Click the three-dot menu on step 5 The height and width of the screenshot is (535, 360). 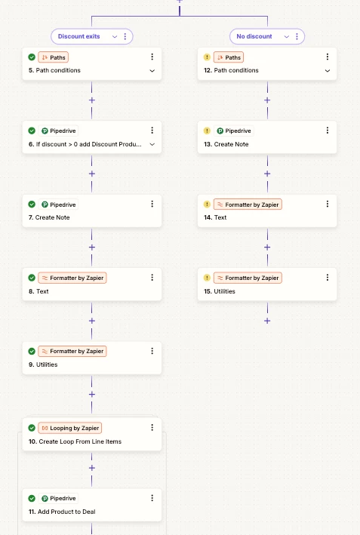point(152,57)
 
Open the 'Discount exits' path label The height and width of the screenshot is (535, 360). point(78,36)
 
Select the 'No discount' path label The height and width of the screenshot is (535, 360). point(254,36)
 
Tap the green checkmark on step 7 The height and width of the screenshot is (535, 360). point(32,204)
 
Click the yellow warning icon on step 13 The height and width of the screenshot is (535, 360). point(207,131)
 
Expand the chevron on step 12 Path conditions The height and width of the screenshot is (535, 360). point(328,71)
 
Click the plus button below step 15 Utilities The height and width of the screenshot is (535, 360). point(267,321)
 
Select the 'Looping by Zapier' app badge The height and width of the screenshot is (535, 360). point(70,428)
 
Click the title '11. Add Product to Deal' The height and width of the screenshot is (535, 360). point(62,512)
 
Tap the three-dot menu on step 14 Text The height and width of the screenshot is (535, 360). point(328,204)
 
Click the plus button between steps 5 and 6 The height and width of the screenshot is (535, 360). point(92,100)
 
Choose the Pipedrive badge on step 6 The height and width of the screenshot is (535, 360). point(58,131)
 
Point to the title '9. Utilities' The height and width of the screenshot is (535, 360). point(43,364)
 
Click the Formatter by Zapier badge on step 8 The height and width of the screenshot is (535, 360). point(72,278)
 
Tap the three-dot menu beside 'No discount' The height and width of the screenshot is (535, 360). point(297,36)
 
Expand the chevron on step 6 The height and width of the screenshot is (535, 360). point(152,144)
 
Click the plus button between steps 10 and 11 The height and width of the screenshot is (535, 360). point(92,468)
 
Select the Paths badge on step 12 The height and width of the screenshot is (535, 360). point(229,57)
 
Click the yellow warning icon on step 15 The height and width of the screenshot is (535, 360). point(207,278)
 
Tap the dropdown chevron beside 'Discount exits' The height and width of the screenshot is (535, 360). point(115,36)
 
